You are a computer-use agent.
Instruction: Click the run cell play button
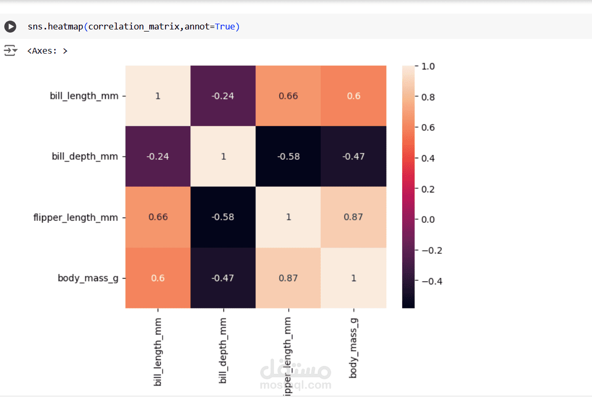(x=10, y=26)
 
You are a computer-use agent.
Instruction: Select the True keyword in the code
(x=225, y=26)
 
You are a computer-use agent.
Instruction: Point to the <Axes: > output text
(x=47, y=51)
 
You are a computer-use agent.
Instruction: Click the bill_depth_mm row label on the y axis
(x=85, y=157)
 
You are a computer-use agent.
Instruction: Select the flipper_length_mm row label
(x=76, y=217)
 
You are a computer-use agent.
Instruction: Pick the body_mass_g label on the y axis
(x=88, y=278)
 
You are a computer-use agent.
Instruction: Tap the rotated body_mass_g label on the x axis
(x=353, y=347)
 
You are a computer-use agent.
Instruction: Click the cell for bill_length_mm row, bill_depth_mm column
(x=223, y=96)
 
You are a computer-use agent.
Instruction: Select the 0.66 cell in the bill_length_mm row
(x=288, y=96)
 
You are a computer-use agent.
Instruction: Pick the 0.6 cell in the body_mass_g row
(x=158, y=278)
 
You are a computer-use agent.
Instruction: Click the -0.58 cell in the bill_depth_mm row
(x=288, y=157)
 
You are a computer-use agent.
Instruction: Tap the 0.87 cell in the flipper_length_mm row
(x=353, y=217)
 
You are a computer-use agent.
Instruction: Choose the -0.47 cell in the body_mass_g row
(x=223, y=278)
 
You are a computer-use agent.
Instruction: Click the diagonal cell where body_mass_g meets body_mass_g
(x=353, y=278)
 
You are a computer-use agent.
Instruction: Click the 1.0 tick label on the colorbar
(x=428, y=67)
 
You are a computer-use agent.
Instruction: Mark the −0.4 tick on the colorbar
(x=431, y=281)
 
